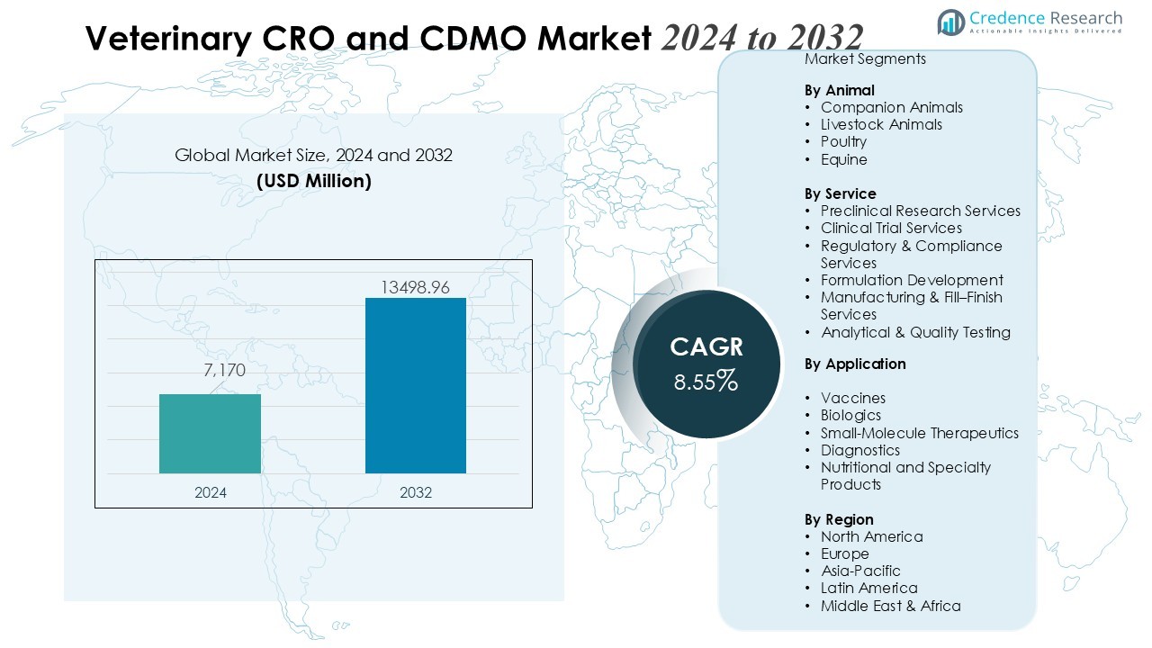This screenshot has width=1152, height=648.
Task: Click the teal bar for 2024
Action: coord(210,434)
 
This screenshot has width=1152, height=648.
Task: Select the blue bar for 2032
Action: coord(415,385)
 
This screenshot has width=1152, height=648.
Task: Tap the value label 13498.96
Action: coord(415,287)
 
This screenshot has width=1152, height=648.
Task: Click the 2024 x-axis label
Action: coord(210,492)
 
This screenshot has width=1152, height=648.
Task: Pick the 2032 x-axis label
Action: coord(415,492)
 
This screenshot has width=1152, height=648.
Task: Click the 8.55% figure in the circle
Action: coord(706,382)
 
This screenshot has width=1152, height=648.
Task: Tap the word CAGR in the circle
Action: coord(706,347)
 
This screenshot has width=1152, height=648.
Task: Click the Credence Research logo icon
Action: coord(951,22)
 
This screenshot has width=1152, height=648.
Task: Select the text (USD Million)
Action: coord(313,181)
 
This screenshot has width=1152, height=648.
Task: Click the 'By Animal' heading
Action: coord(839,90)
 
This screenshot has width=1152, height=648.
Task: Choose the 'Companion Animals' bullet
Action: coord(891,107)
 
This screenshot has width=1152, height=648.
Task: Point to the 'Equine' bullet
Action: coord(843,159)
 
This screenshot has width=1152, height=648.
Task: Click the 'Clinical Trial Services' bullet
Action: coord(891,228)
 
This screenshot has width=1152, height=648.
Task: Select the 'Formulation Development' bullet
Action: coord(911,280)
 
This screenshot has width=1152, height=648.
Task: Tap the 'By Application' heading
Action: coord(854,364)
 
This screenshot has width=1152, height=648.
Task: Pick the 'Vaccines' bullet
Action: coord(852,398)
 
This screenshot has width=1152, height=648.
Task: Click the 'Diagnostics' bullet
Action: coord(859,450)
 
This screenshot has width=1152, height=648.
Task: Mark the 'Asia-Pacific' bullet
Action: coord(859,571)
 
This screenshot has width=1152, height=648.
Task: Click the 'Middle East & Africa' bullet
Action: coord(890,606)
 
